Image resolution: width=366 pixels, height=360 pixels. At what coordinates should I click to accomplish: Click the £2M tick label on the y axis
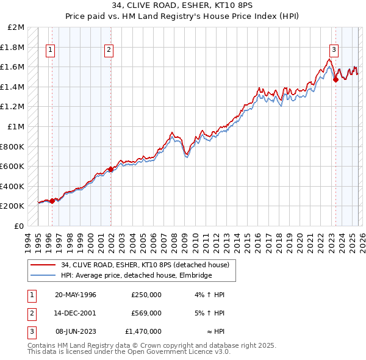coord(16,27)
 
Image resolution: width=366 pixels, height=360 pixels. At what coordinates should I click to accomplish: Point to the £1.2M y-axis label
coord(14,107)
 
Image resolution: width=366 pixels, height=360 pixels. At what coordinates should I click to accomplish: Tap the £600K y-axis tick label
coord(14,166)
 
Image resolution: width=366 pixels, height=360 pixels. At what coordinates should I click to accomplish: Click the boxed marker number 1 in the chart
coord(49,51)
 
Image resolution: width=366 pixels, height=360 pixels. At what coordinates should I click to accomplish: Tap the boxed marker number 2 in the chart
coord(109,51)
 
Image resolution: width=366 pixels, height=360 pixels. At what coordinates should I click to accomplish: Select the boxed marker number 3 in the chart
coord(334,51)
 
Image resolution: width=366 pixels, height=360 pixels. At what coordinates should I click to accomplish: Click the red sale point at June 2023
coord(335,79)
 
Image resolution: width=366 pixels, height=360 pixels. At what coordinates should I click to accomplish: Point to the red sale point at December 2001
coord(111,169)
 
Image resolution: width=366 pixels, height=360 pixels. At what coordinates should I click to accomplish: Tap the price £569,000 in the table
coord(146,313)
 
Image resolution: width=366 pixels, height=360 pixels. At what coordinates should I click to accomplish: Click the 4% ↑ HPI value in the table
coord(211,295)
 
